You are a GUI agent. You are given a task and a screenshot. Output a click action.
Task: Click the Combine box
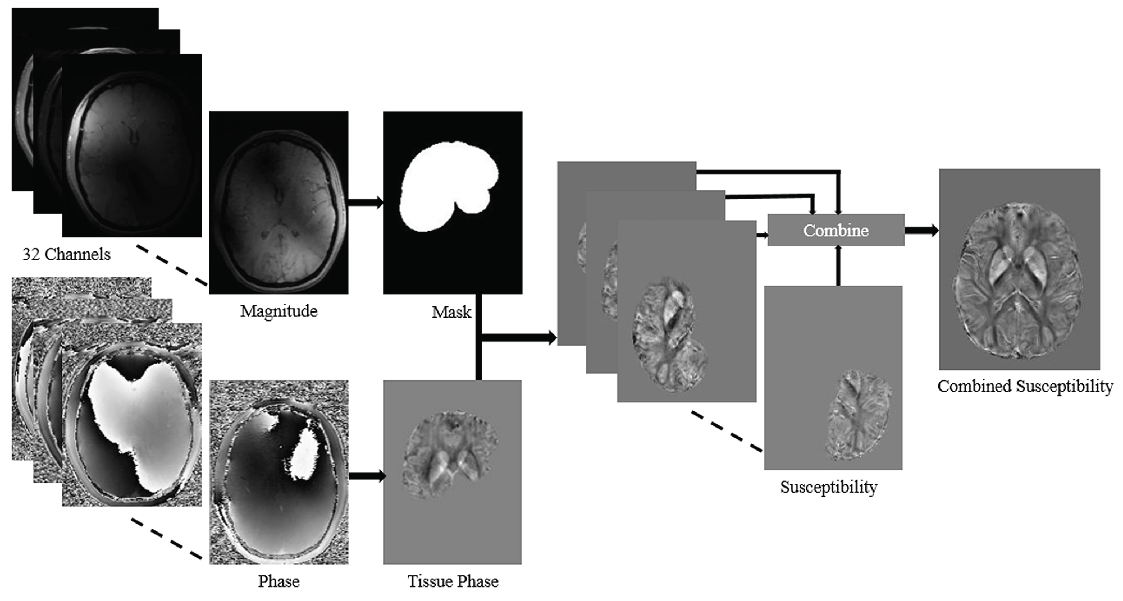coord(836,230)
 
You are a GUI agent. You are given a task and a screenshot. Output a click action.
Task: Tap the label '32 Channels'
coord(66,254)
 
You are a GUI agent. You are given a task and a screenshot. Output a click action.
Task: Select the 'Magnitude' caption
coord(279,311)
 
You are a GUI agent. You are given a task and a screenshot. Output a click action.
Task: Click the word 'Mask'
coord(451,312)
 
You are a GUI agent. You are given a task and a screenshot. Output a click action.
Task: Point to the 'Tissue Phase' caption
coord(453,581)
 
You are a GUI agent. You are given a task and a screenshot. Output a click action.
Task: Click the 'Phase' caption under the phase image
coord(279,581)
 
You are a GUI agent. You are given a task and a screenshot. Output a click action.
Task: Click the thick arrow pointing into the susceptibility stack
coord(519,337)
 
